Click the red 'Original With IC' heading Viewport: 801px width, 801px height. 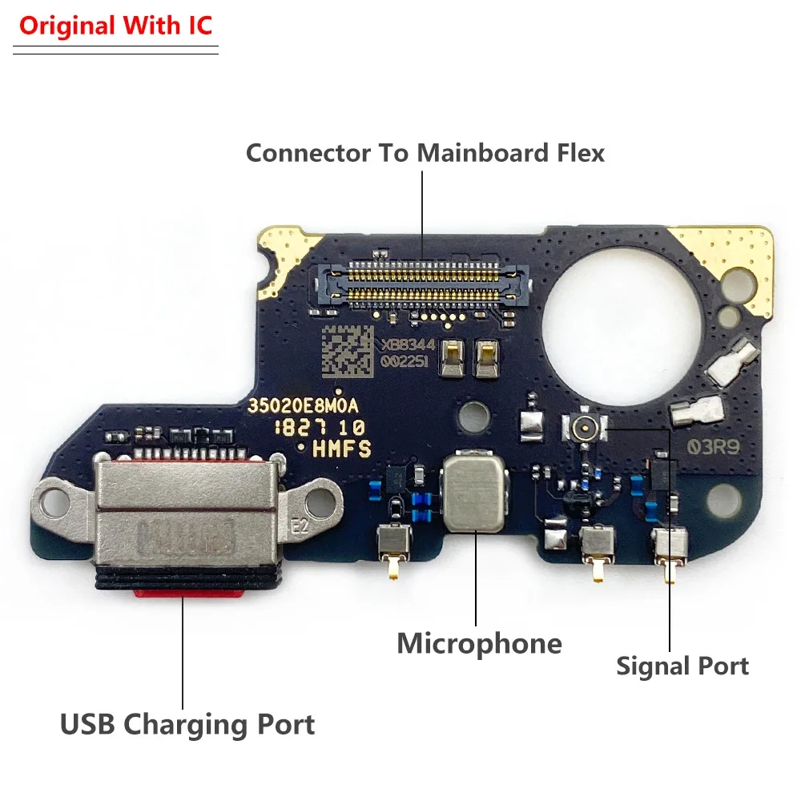(x=115, y=26)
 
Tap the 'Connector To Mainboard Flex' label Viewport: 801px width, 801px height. (x=425, y=152)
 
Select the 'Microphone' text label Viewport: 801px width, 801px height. (x=479, y=642)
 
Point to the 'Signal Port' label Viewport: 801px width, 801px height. (x=682, y=666)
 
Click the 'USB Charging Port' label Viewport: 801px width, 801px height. (x=187, y=725)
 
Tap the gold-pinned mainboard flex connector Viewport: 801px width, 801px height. (x=425, y=284)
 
